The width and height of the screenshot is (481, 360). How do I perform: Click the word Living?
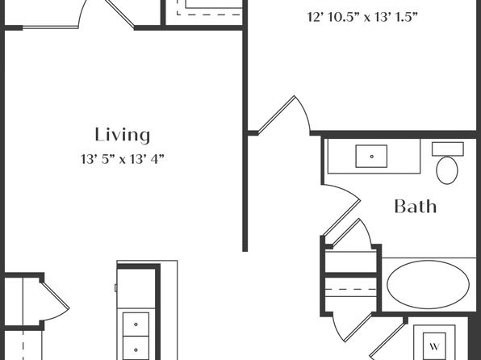123,135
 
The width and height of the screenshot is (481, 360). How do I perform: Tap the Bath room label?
416,207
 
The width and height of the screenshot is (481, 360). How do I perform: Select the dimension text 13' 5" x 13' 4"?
123,159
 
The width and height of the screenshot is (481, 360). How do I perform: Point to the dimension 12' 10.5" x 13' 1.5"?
362,17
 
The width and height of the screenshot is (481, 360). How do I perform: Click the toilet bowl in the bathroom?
447,170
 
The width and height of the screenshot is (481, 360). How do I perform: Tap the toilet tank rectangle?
448,149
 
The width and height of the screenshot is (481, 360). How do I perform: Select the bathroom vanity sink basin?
371,157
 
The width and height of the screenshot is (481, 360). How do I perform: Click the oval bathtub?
428,284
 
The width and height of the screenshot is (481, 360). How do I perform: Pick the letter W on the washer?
434,346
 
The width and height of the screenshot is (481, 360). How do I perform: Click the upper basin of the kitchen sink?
136,324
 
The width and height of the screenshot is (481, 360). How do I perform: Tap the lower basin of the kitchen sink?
136,349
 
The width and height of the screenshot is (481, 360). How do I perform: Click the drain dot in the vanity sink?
372,157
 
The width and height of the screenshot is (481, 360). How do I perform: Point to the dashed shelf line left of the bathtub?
351,289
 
